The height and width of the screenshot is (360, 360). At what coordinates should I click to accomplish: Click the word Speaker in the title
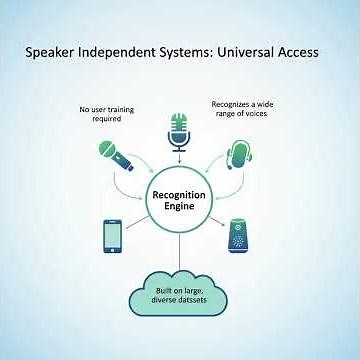55,52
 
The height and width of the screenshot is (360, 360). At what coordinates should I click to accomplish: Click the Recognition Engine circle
180,196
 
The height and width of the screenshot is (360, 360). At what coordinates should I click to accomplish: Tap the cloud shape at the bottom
180,293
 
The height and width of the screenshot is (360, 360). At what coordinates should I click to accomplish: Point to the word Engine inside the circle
180,204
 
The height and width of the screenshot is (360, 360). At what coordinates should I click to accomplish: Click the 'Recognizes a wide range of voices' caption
242,107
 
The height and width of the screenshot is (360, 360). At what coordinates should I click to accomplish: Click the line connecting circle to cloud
180,250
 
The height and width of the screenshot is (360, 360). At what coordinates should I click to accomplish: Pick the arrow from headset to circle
227,182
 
